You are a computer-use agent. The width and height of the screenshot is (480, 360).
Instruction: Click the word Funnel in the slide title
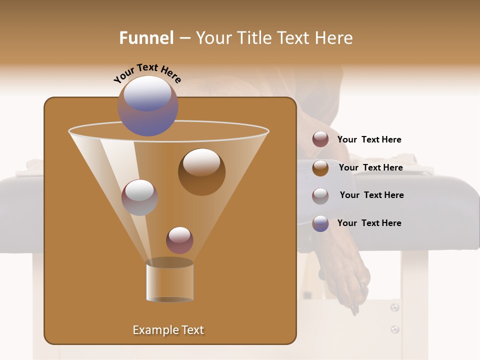click(x=146, y=38)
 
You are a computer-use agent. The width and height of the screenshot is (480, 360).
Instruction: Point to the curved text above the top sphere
click(x=147, y=72)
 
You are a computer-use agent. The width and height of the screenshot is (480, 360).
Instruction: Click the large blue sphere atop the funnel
click(x=148, y=105)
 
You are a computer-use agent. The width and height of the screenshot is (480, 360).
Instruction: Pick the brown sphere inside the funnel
click(x=201, y=171)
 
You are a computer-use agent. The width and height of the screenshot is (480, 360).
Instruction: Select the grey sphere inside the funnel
click(x=139, y=197)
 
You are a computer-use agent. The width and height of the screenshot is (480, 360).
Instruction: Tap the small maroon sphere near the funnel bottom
click(x=179, y=240)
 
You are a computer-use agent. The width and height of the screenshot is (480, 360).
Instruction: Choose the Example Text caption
click(x=168, y=330)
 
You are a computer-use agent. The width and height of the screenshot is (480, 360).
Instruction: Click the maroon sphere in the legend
click(x=320, y=139)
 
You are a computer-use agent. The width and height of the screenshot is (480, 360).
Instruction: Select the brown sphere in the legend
click(x=320, y=168)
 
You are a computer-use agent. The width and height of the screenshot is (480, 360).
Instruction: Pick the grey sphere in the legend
click(x=320, y=196)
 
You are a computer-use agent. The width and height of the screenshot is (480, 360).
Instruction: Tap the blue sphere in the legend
click(x=320, y=223)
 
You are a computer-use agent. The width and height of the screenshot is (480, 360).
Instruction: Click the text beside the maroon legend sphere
click(x=369, y=140)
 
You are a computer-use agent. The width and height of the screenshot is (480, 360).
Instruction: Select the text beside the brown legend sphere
click(x=370, y=167)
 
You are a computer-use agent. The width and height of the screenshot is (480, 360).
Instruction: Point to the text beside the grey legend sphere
click(x=371, y=195)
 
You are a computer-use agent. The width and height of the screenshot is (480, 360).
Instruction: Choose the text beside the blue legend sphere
click(x=369, y=223)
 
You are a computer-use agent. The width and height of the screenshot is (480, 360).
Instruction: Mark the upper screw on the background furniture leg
click(x=395, y=307)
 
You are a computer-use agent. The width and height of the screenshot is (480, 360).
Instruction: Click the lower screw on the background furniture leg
click(x=395, y=329)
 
